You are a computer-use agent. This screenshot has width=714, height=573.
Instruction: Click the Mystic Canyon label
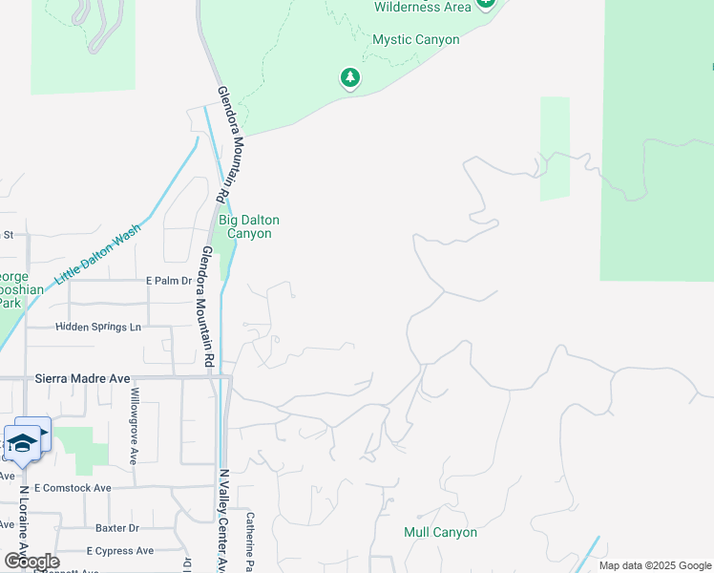415,40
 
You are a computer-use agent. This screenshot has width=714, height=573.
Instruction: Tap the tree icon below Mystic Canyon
350,77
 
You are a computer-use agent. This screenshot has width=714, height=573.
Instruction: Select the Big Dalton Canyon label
249,226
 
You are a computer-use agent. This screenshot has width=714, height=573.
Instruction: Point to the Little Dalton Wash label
97,254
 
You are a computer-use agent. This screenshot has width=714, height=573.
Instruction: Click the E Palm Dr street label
168,281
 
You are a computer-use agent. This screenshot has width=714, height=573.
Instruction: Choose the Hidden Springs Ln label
97,327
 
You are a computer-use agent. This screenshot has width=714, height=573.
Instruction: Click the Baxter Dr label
116,527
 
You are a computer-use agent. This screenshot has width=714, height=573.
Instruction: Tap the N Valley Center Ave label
223,520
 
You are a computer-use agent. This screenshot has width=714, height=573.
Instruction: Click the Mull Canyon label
440,532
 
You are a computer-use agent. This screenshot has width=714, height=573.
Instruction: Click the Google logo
31,562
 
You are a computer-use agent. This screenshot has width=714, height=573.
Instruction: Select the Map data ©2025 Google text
654,565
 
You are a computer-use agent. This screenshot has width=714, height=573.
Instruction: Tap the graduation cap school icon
23,443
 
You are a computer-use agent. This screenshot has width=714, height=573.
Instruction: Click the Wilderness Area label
422,7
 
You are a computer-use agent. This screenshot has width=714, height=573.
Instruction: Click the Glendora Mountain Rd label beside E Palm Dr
206,306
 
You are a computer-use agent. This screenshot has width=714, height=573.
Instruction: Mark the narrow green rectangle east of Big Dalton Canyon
555,148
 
